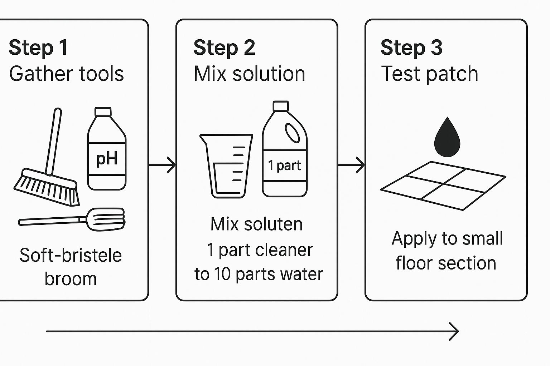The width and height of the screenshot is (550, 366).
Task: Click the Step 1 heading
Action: [38, 48]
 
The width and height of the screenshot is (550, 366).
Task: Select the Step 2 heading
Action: [224, 48]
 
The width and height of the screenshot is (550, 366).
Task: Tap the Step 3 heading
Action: [411, 48]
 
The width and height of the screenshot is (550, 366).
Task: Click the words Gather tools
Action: [67, 74]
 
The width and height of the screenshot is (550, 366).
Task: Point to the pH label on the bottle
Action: [107, 158]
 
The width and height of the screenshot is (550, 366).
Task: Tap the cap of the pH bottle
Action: [103, 112]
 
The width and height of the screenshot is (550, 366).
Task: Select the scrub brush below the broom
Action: [72, 219]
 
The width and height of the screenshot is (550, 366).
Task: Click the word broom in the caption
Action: [71, 279]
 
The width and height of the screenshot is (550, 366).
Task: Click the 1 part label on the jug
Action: [285, 165]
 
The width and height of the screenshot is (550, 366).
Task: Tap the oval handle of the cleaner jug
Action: [293, 133]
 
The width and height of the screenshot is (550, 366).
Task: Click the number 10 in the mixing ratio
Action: [222, 274]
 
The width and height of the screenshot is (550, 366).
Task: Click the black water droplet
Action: [447, 138]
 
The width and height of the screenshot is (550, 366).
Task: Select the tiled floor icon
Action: [443, 185]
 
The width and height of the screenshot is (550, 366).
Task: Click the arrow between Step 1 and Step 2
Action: [162, 165]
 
